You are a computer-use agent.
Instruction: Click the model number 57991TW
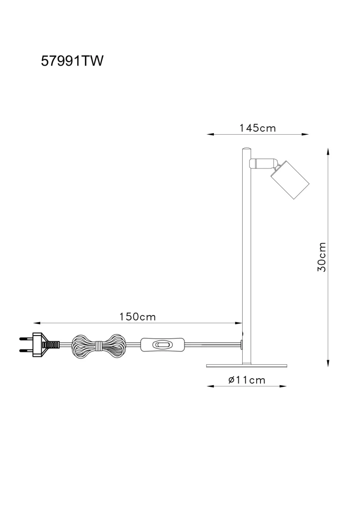[72, 61]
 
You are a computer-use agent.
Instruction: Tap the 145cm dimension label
[258, 128]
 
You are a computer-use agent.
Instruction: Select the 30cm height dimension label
[322, 257]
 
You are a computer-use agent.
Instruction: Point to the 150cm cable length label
[138, 317]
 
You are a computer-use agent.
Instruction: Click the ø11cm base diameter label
[247, 380]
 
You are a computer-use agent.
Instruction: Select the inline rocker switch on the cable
[162, 344]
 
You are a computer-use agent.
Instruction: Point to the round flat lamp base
[247, 365]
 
